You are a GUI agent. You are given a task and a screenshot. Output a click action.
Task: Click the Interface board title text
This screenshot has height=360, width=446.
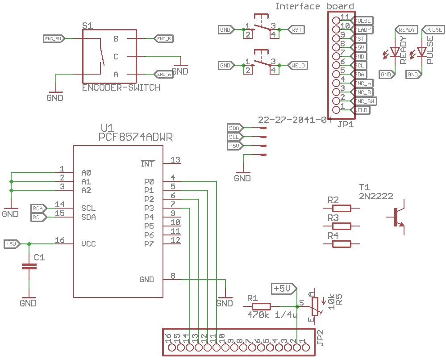pyautogui.click(x=314, y=6)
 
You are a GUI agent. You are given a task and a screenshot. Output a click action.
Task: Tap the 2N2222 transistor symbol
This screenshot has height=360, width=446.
pyautogui.click(x=397, y=218)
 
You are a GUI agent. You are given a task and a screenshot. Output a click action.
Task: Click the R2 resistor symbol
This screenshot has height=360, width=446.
pyautogui.click(x=342, y=208)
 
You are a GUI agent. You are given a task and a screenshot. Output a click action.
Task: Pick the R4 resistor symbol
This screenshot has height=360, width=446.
pyautogui.click(x=342, y=244)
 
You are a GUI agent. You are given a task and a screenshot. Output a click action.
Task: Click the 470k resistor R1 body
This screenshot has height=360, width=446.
pyautogui.click(x=261, y=306)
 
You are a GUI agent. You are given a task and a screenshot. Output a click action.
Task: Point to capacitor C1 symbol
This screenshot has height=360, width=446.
pyautogui.click(x=29, y=267)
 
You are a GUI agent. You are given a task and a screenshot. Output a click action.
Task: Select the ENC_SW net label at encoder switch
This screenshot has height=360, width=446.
pyautogui.click(x=53, y=39)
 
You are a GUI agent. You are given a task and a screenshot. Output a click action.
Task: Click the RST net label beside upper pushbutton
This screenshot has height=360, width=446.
pyautogui.click(x=296, y=30)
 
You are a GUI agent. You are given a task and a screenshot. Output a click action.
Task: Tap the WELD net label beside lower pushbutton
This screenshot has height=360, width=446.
pyautogui.click(x=297, y=66)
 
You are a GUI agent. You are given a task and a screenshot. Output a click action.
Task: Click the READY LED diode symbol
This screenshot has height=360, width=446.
pyautogui.click(x=395, y=52)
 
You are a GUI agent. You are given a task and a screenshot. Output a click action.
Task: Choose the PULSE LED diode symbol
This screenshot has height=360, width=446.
pyautogui.click(x=421, y=52)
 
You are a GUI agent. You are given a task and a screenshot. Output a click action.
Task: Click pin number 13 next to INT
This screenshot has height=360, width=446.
pyautogui.click(x=175, y=160)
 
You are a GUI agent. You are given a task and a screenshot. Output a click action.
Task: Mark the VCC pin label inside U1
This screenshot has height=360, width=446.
pyautogui.click(x=88, y=244)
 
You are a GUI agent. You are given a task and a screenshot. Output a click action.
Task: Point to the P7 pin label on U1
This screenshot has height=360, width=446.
pyautogui.click(x=149, y=244)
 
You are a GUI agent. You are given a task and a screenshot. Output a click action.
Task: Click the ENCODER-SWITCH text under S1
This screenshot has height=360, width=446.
pyautogui.click(x=121, y=88)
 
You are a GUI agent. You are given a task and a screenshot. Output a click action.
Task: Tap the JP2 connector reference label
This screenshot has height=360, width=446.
pyautogui.click(x=320, y=337)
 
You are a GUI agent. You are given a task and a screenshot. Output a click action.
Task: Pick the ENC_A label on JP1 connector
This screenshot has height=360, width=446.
pyautogui.click(x=363, y=84)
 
